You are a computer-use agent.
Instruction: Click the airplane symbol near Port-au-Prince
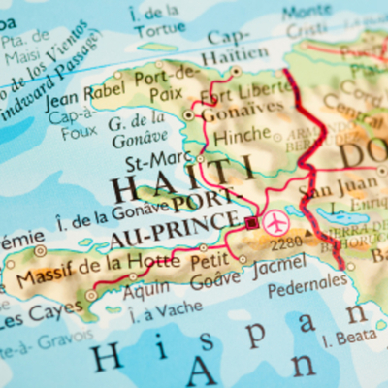(275, 221)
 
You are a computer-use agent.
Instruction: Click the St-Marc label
(166, 158)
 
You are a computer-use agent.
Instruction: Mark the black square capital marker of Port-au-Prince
(252, 222)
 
